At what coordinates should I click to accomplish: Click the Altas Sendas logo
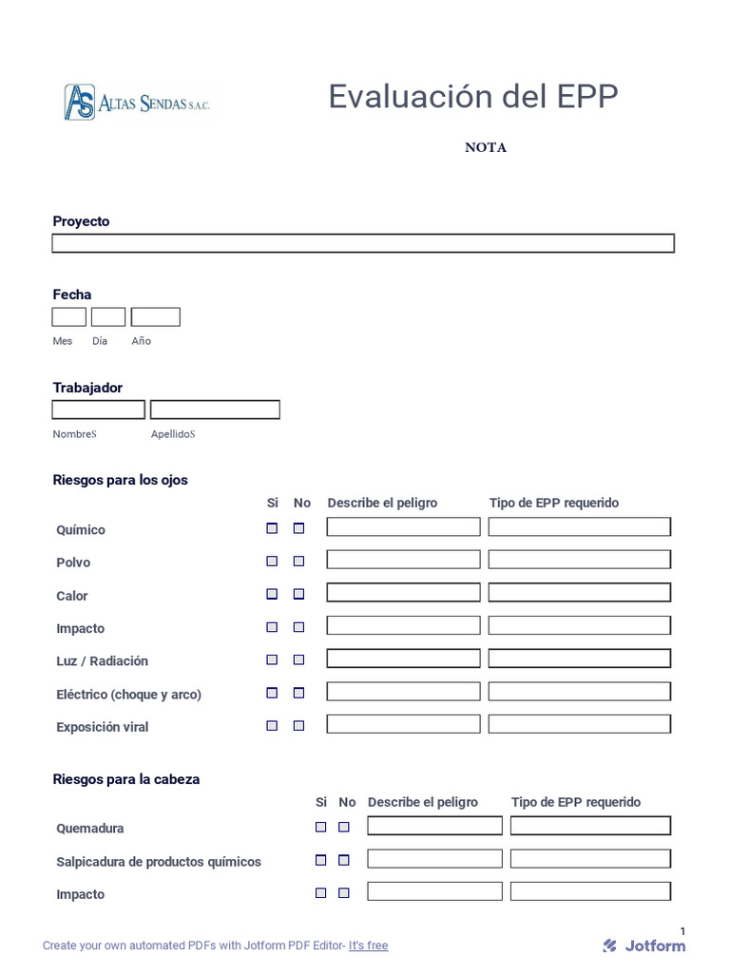point(137,103)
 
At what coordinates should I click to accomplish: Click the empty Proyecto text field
point(362,243)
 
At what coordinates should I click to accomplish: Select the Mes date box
point(68,317)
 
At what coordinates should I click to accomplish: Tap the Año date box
point(155,317)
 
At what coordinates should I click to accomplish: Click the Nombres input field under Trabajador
point(98,410)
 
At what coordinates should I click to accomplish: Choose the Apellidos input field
point(215,410)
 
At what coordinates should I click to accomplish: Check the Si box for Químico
point(272,528)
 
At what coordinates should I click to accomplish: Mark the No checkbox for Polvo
point(298,562)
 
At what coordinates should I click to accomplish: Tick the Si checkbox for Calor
point(272,594)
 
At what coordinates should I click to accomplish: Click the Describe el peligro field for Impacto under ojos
point(403,625)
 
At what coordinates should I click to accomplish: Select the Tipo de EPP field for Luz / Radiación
point(579,658)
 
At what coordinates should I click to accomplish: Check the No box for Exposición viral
point(298,726)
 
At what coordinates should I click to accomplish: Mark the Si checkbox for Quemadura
point(321,828)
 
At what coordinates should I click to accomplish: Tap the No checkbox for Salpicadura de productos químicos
point(344,860)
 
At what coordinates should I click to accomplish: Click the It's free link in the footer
point(368,945)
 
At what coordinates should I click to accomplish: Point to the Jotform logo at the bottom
point(644,945)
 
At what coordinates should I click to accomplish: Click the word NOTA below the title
point(485,147)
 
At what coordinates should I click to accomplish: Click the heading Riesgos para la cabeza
point(126,779)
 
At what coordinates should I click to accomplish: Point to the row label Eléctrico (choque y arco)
point(128,695)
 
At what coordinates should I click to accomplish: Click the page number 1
point(682,931)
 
